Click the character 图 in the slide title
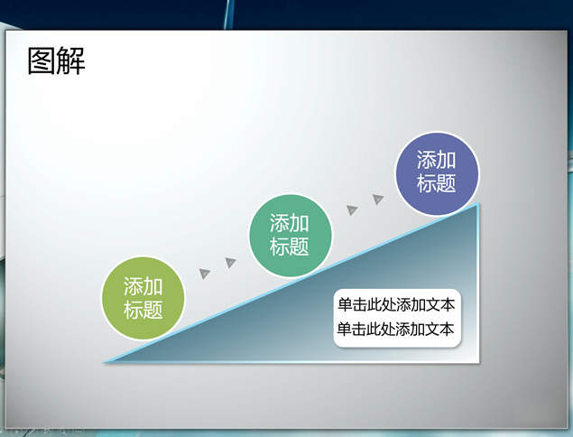pyautogui.click(x=42, y=61)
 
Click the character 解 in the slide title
pyautogui.click(x=71, y=61)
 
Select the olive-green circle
pyautogui.click(x=143, y=298)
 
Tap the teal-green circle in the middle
pyautogui.click(x=291, y=236)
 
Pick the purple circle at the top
pyautogui.click(x=437, y=173)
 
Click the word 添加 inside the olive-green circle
pyautogui.click(x=143, y=286)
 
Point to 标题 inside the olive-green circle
pyautogui.click(x=143, y=310)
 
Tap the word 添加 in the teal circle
pyautogui.click(x=290, y=223)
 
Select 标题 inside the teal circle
pyautogui.click(x=290, y=246)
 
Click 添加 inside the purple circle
pyautogui.click(x=437, y=160)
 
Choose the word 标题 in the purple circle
pyautogui.click(x=437, y=183)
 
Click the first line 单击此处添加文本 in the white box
pyautogui.click(x=396, y=304)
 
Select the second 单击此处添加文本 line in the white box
pyautogui.click(x=395, y=329)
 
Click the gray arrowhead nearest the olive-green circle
pyautogui.click(x=204, y=274)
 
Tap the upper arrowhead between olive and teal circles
pyautogui.click(x=231, y=262)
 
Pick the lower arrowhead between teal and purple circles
pyautogui.click(x=352, y=209)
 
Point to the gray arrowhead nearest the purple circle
pyautogui.click(x=378, y=199)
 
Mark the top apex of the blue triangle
pyautogui.click(x=477, y=203)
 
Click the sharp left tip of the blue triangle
pyautogui.click(x=104, y=362)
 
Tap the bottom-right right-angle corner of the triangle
pyautogui.click(x=478, y=362)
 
